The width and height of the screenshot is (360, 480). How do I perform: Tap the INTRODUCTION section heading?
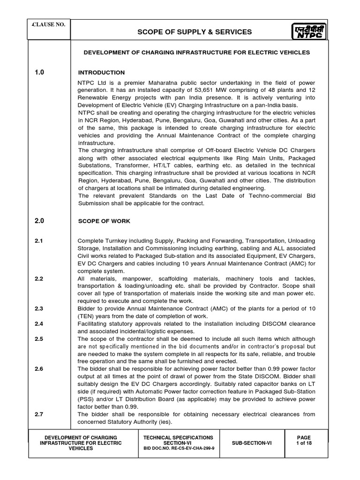[101, 73]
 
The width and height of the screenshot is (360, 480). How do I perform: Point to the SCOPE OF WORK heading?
[104, 221]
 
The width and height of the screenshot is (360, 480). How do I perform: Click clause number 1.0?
[40, 72]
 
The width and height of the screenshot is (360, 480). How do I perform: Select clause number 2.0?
[40, 220]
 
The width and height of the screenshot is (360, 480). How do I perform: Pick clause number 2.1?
[39, 240]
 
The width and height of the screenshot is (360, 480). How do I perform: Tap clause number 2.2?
[39, 279]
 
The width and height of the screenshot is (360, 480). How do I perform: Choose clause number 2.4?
[39, 324]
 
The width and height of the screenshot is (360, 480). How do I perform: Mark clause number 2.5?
[39, 339]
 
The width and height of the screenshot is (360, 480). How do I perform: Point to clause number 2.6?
[39, 369]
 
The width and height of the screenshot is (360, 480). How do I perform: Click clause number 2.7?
[39, 414]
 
